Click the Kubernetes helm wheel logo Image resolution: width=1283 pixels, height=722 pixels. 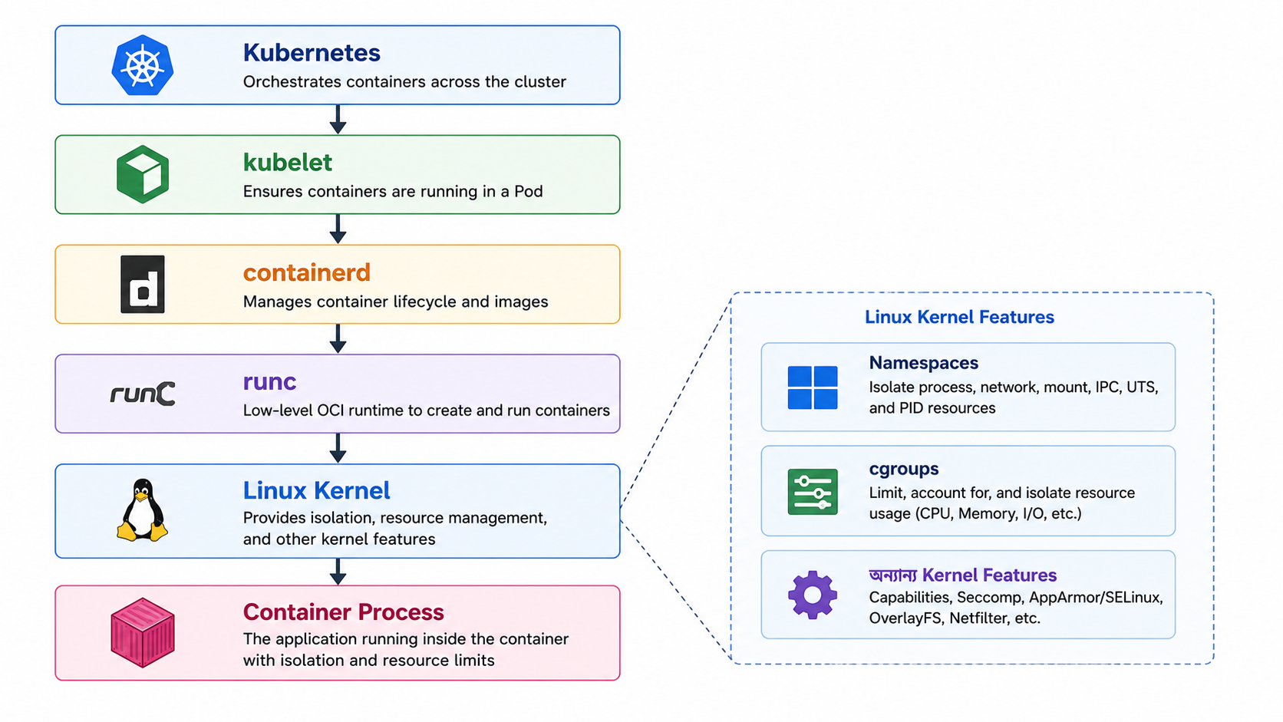click(143, 65)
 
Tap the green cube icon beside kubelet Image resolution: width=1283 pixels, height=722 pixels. click(143, 174)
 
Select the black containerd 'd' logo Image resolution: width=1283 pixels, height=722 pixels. click(143, 284)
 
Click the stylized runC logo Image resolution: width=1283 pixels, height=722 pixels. click(143, 394)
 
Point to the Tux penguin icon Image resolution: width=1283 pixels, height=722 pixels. click(142, 509)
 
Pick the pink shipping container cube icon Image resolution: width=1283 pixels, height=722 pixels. click(143, 633)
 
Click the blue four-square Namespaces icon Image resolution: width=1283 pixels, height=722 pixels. click(812, 387)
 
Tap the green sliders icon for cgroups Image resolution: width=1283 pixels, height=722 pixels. click(812, 492)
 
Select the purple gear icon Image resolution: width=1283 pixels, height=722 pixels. click(812, 595)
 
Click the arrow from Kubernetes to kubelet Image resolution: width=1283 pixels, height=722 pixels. click(338, 119)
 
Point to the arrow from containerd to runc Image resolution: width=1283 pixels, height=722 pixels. click(338, 338)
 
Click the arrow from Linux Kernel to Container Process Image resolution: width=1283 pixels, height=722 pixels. click(338, 572)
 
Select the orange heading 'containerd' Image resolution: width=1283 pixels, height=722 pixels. click(306, 272)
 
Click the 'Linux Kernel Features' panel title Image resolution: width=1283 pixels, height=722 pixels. click(959, 317)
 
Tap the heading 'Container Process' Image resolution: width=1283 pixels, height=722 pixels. click(343, 612)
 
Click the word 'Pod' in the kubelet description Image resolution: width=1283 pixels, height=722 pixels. click(528, 191)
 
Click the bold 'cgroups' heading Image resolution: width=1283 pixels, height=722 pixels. click(904, 470)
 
